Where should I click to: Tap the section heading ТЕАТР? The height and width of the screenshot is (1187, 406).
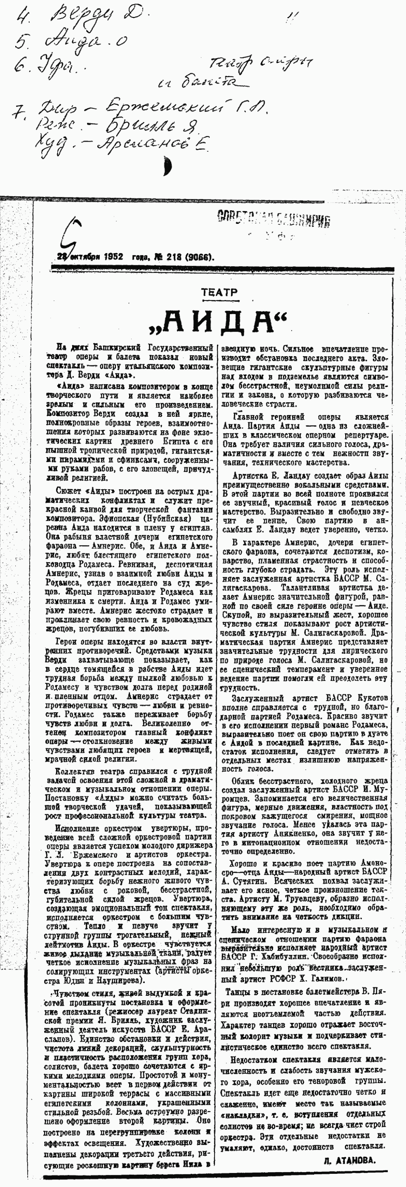(x=219, y=292)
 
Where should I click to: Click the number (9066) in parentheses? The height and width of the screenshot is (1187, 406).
(x=199, y=256)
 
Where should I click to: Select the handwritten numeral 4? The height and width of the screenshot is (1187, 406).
(x=22, y=17)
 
